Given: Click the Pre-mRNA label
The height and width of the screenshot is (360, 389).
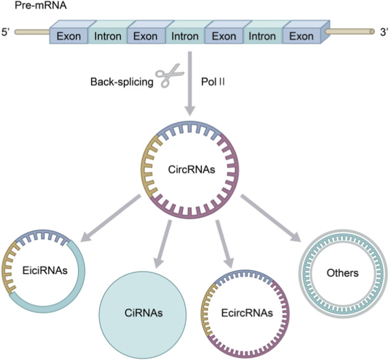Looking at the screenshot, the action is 41,5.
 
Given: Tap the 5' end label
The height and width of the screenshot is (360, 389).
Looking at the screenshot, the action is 5,32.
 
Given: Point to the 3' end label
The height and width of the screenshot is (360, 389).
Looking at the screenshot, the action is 384,32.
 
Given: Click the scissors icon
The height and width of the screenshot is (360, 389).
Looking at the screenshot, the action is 169,75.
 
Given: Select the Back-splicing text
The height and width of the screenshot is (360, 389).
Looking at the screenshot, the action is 122,82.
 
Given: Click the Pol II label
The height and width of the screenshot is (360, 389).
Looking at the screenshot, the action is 213,81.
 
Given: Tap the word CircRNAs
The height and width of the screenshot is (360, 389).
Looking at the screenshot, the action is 191,170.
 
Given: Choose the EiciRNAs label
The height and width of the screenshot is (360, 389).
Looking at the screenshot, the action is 45,270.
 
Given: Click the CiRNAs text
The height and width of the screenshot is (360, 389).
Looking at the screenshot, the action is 143,313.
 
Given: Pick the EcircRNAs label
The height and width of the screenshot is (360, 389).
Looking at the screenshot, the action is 247,313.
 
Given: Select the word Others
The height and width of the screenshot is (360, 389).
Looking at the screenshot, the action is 342,273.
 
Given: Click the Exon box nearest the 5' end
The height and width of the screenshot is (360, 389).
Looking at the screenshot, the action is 68,36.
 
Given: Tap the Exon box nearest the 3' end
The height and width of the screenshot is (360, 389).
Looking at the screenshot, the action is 302,36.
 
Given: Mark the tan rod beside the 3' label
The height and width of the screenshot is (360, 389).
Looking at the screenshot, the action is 350,31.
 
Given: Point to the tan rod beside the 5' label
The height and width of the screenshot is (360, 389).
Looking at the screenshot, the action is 32,32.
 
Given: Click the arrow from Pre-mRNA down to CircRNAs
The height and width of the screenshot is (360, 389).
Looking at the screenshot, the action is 190,84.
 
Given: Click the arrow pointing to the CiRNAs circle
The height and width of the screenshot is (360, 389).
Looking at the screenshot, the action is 163,244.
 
